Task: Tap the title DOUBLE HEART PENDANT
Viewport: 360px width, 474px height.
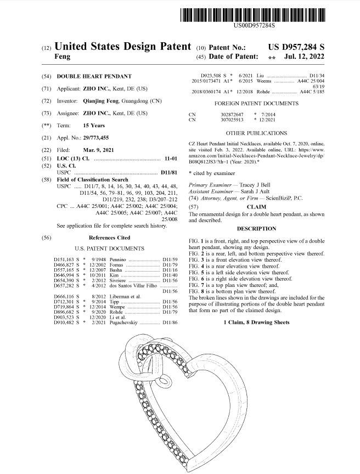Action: pos(94,76)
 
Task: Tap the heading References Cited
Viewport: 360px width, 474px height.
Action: pos(110,238)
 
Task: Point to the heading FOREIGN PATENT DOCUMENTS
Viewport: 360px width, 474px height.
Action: pos(256,103)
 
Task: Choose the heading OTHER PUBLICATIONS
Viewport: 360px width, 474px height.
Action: pos(256,133)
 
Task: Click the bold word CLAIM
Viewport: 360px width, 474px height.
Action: pos(256,207)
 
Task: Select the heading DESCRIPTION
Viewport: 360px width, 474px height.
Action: pos(256,228)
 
